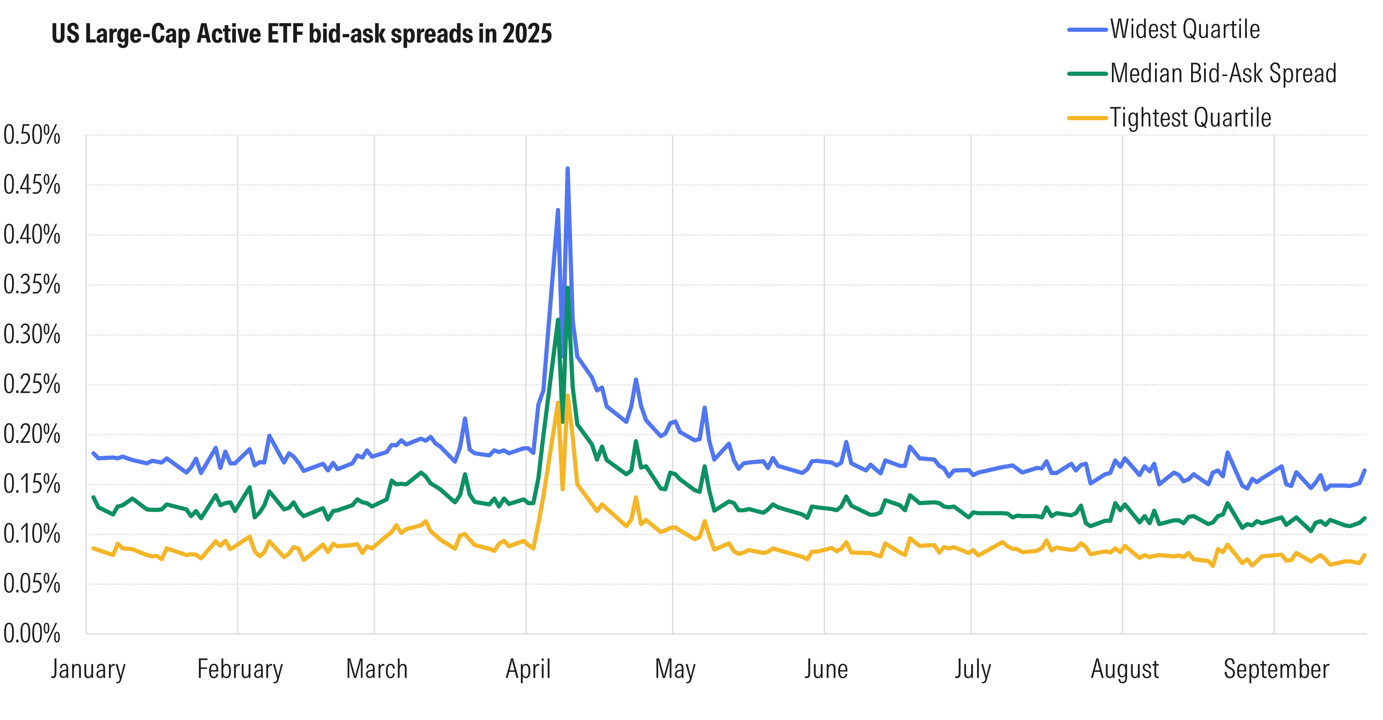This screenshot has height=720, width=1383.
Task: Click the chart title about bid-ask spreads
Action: pyautogui.click(x=301, y=34)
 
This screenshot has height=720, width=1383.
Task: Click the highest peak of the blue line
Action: pyautogui.click(x=567, y=169)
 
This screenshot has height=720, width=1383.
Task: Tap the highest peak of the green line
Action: pyautogui.click(x=567, y=288)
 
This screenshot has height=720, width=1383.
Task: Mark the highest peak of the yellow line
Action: pyautogui.click(x=567, y=396)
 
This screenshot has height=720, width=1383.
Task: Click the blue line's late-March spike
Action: pyautogui.click(x=465, y=418)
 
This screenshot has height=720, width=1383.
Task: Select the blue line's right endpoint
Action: pyautogui.click(x=1365, y=470)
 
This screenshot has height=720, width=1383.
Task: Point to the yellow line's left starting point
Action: pyautogui.click(x=93, y=548)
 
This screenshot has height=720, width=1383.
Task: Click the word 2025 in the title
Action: pyautogui.click(x=527, y=34)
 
